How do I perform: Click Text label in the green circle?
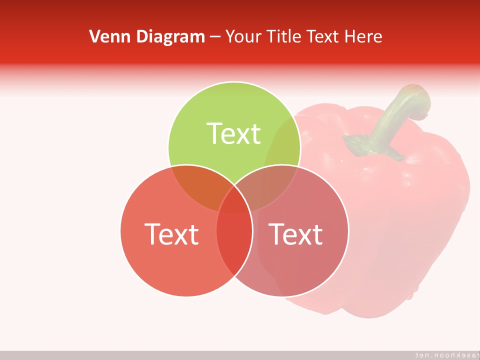(x=234, y=133)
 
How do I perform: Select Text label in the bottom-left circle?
(x=171, y=233)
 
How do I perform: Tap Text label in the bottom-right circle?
(x=296, y=233)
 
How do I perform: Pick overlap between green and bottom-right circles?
(x=270, y=187)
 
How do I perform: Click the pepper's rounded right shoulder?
(x=450, y=170)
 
